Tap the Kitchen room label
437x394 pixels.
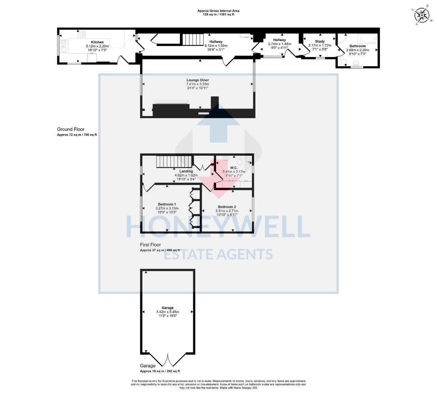tap(97, 42)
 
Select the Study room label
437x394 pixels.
tap(320, 41)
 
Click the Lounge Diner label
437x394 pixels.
tap(197, 80)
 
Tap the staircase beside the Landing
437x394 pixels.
tap(168, 161)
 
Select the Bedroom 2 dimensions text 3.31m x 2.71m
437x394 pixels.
tap(227, 211)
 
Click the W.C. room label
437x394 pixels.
tap(234, 168)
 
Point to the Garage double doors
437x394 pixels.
tap(168, 360)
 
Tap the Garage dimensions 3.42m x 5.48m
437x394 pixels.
tap(167, 312)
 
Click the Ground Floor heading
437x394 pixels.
tap(71, 129)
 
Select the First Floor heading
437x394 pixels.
tap(150, 244)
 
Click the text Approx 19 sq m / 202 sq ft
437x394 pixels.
tap(160, 371)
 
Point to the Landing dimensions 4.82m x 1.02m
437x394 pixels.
tap(186, 175)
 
